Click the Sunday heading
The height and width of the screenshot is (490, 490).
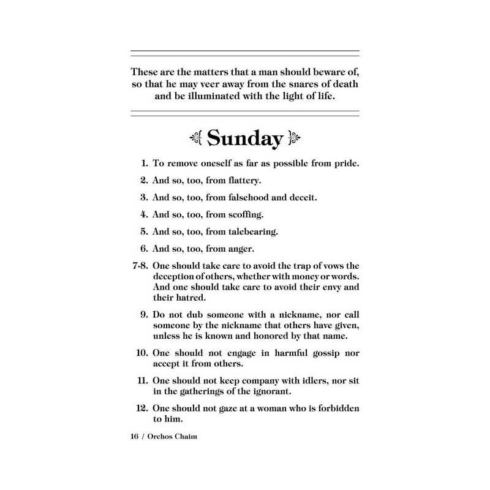(245, 138)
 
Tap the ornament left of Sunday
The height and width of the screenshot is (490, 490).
(195, 138)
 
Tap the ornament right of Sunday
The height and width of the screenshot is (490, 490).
(295, 138)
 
